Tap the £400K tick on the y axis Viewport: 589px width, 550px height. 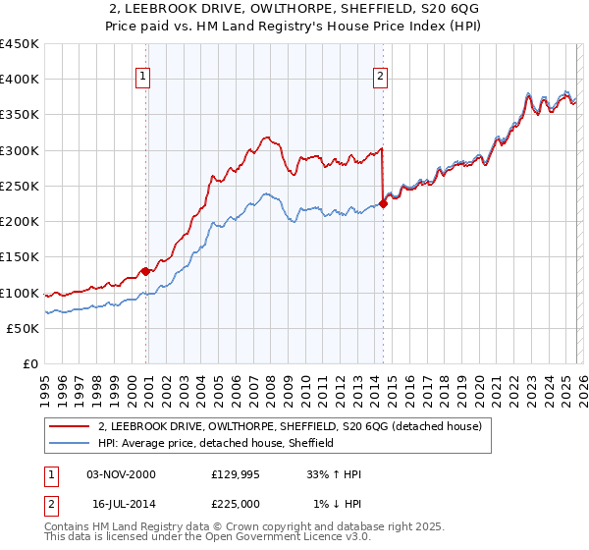click(x=20, y=80)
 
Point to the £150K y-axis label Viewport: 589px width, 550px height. click(x=20, y=257)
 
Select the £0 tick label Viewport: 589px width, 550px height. click(x=30, y=364)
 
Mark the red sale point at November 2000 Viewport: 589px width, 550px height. click(x=145, y=271)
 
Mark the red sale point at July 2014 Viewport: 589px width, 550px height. click(x=383, y=203)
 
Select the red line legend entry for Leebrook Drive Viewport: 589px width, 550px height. click(x=290, y=427)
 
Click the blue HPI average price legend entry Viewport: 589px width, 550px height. click(x=216, y=444)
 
